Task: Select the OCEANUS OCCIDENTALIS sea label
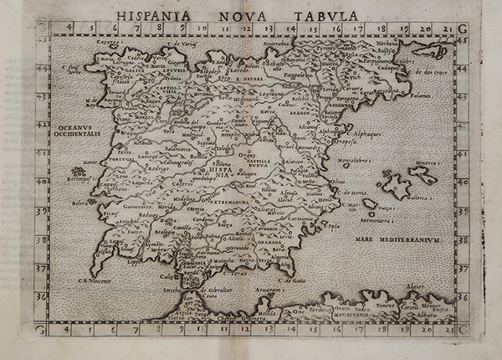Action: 78,130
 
